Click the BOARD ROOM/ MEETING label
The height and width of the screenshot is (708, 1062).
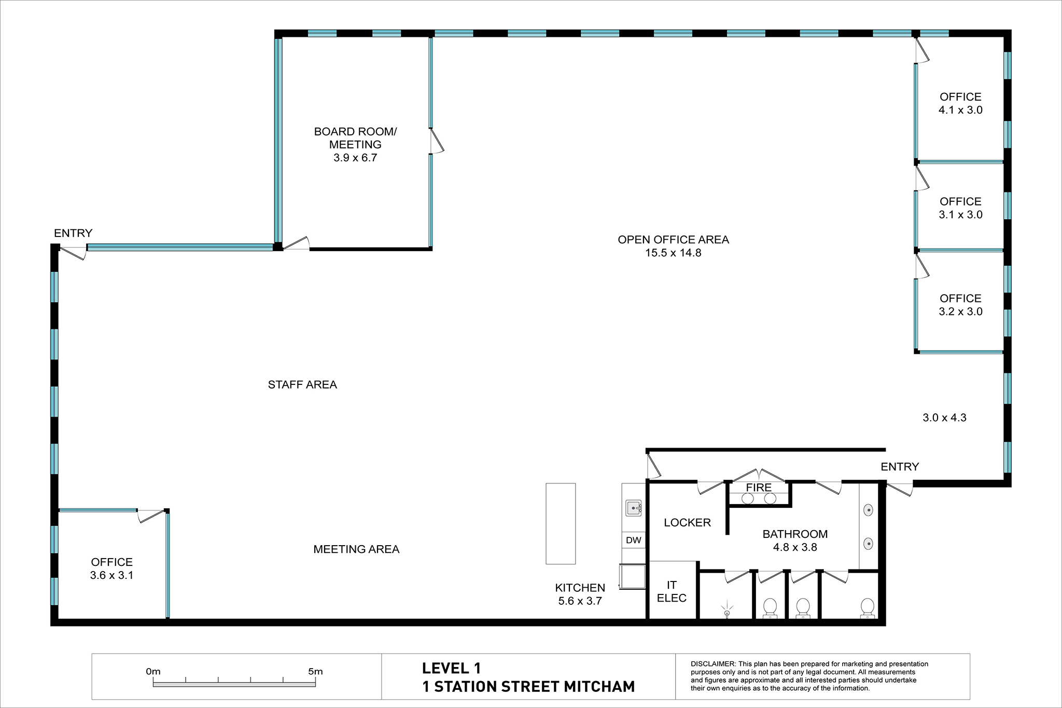355,138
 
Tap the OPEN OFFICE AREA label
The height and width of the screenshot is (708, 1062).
673,240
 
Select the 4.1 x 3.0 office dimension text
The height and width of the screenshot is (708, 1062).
960,110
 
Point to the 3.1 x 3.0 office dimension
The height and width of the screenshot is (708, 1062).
960,215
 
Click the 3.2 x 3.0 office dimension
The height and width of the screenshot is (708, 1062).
960,312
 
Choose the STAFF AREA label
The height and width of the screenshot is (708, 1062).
302,385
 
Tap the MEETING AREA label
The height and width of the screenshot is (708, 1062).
356,549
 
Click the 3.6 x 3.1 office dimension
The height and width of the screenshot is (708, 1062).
111,575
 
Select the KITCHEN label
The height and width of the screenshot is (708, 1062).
580,588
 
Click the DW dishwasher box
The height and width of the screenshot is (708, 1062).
634,540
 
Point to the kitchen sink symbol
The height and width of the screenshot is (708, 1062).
634,508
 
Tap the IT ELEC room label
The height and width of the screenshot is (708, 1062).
672,591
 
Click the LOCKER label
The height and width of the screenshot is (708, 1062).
687,523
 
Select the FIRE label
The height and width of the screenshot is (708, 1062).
759,488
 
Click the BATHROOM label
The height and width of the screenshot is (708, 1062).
795,534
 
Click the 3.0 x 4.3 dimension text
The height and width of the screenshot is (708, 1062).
944,418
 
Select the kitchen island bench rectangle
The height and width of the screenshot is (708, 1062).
561,524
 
